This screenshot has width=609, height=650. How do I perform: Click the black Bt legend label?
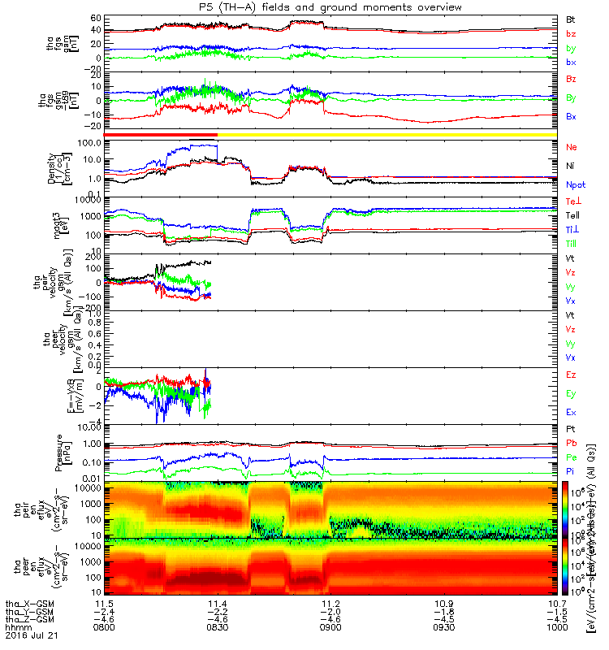(571, 18)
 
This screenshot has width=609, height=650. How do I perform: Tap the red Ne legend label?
(572, 147)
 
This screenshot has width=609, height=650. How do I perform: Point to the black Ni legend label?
(571, 166)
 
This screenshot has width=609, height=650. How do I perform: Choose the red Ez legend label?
(571, 375)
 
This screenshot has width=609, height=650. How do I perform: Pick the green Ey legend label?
(571, 394)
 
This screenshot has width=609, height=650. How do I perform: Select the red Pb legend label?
(571, 444)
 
